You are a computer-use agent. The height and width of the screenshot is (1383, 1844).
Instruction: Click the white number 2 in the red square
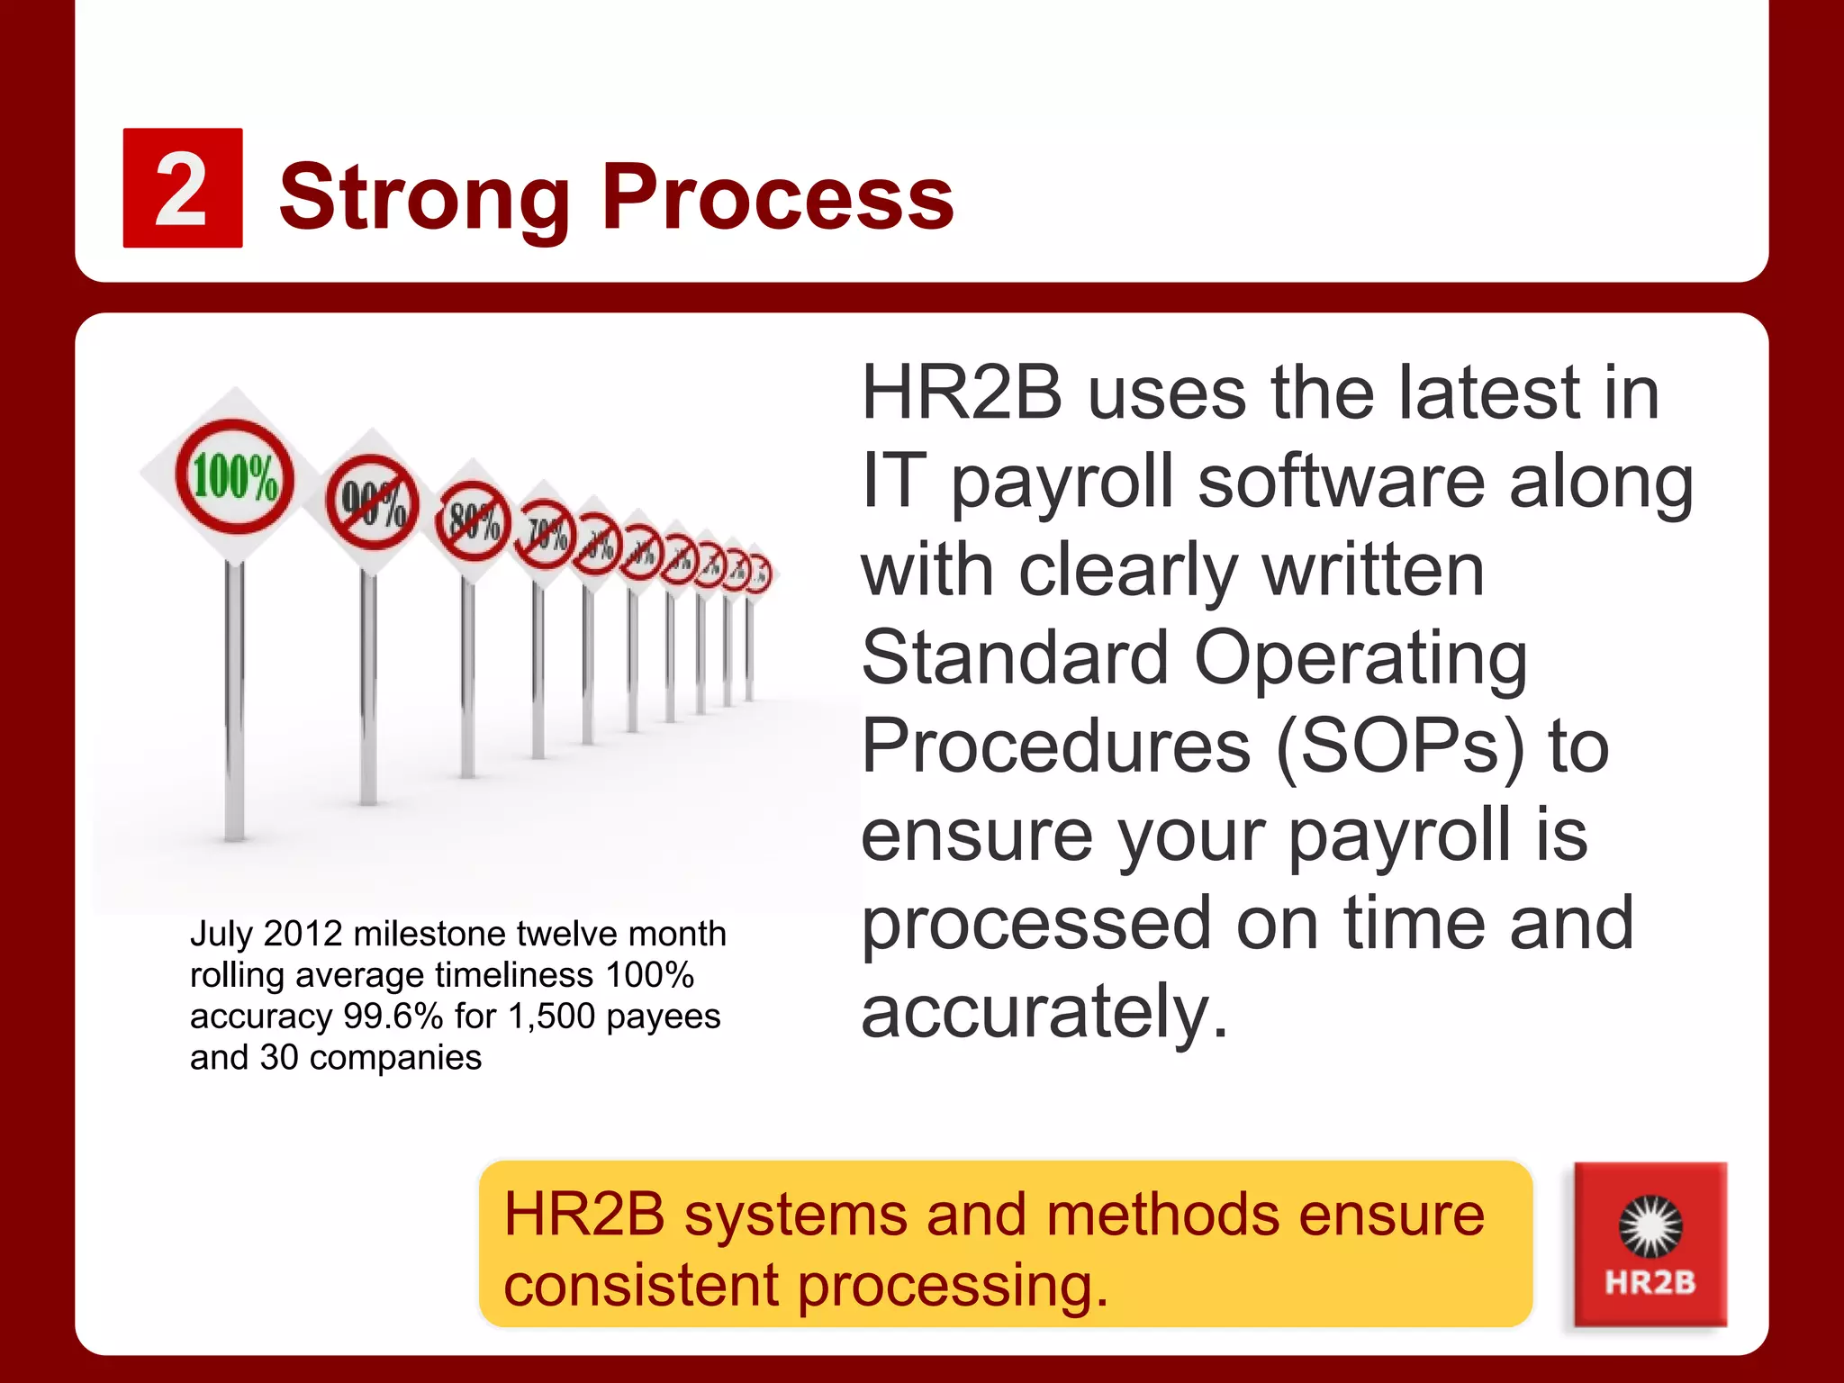pos(181,189)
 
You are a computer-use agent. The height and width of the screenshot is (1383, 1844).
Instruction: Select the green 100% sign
pos(234,476)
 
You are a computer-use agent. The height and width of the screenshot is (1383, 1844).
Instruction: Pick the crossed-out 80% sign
pos(473,521)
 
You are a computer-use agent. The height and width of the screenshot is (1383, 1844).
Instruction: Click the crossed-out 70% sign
pos(546,535)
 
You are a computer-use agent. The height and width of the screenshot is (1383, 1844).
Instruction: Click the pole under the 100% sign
pos(234,702)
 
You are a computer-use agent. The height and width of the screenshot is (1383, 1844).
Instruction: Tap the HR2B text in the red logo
pos(1650,1282)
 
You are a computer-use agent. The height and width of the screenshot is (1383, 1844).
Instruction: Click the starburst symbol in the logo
pos(1650,1225)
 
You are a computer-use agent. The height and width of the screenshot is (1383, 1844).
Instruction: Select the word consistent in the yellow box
pos(639,1285)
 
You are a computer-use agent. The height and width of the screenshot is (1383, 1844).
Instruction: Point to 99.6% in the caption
pos(393,1017)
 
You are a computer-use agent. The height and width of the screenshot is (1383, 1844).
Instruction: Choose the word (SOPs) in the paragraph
pos(1400,746)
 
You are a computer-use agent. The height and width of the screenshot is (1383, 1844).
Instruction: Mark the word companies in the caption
pos(395,1058)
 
